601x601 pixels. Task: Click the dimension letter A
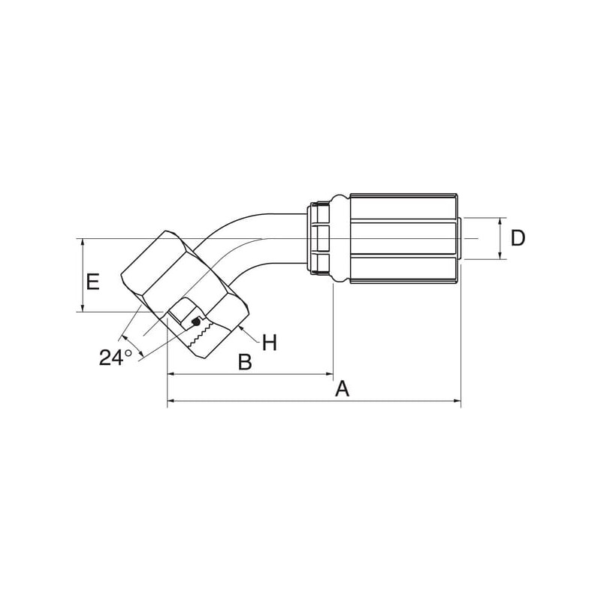pos(343,388)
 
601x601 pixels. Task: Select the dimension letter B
pos(246,361)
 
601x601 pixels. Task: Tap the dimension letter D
pos(518,238)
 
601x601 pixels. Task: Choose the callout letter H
pos(270,343)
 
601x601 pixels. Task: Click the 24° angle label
pos(116,358)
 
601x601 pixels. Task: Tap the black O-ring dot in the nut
pos(196,322)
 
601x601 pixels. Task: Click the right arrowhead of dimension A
pos(458,401)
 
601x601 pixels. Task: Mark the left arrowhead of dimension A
pos(171,401)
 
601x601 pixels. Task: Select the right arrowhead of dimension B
pos(329,373)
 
